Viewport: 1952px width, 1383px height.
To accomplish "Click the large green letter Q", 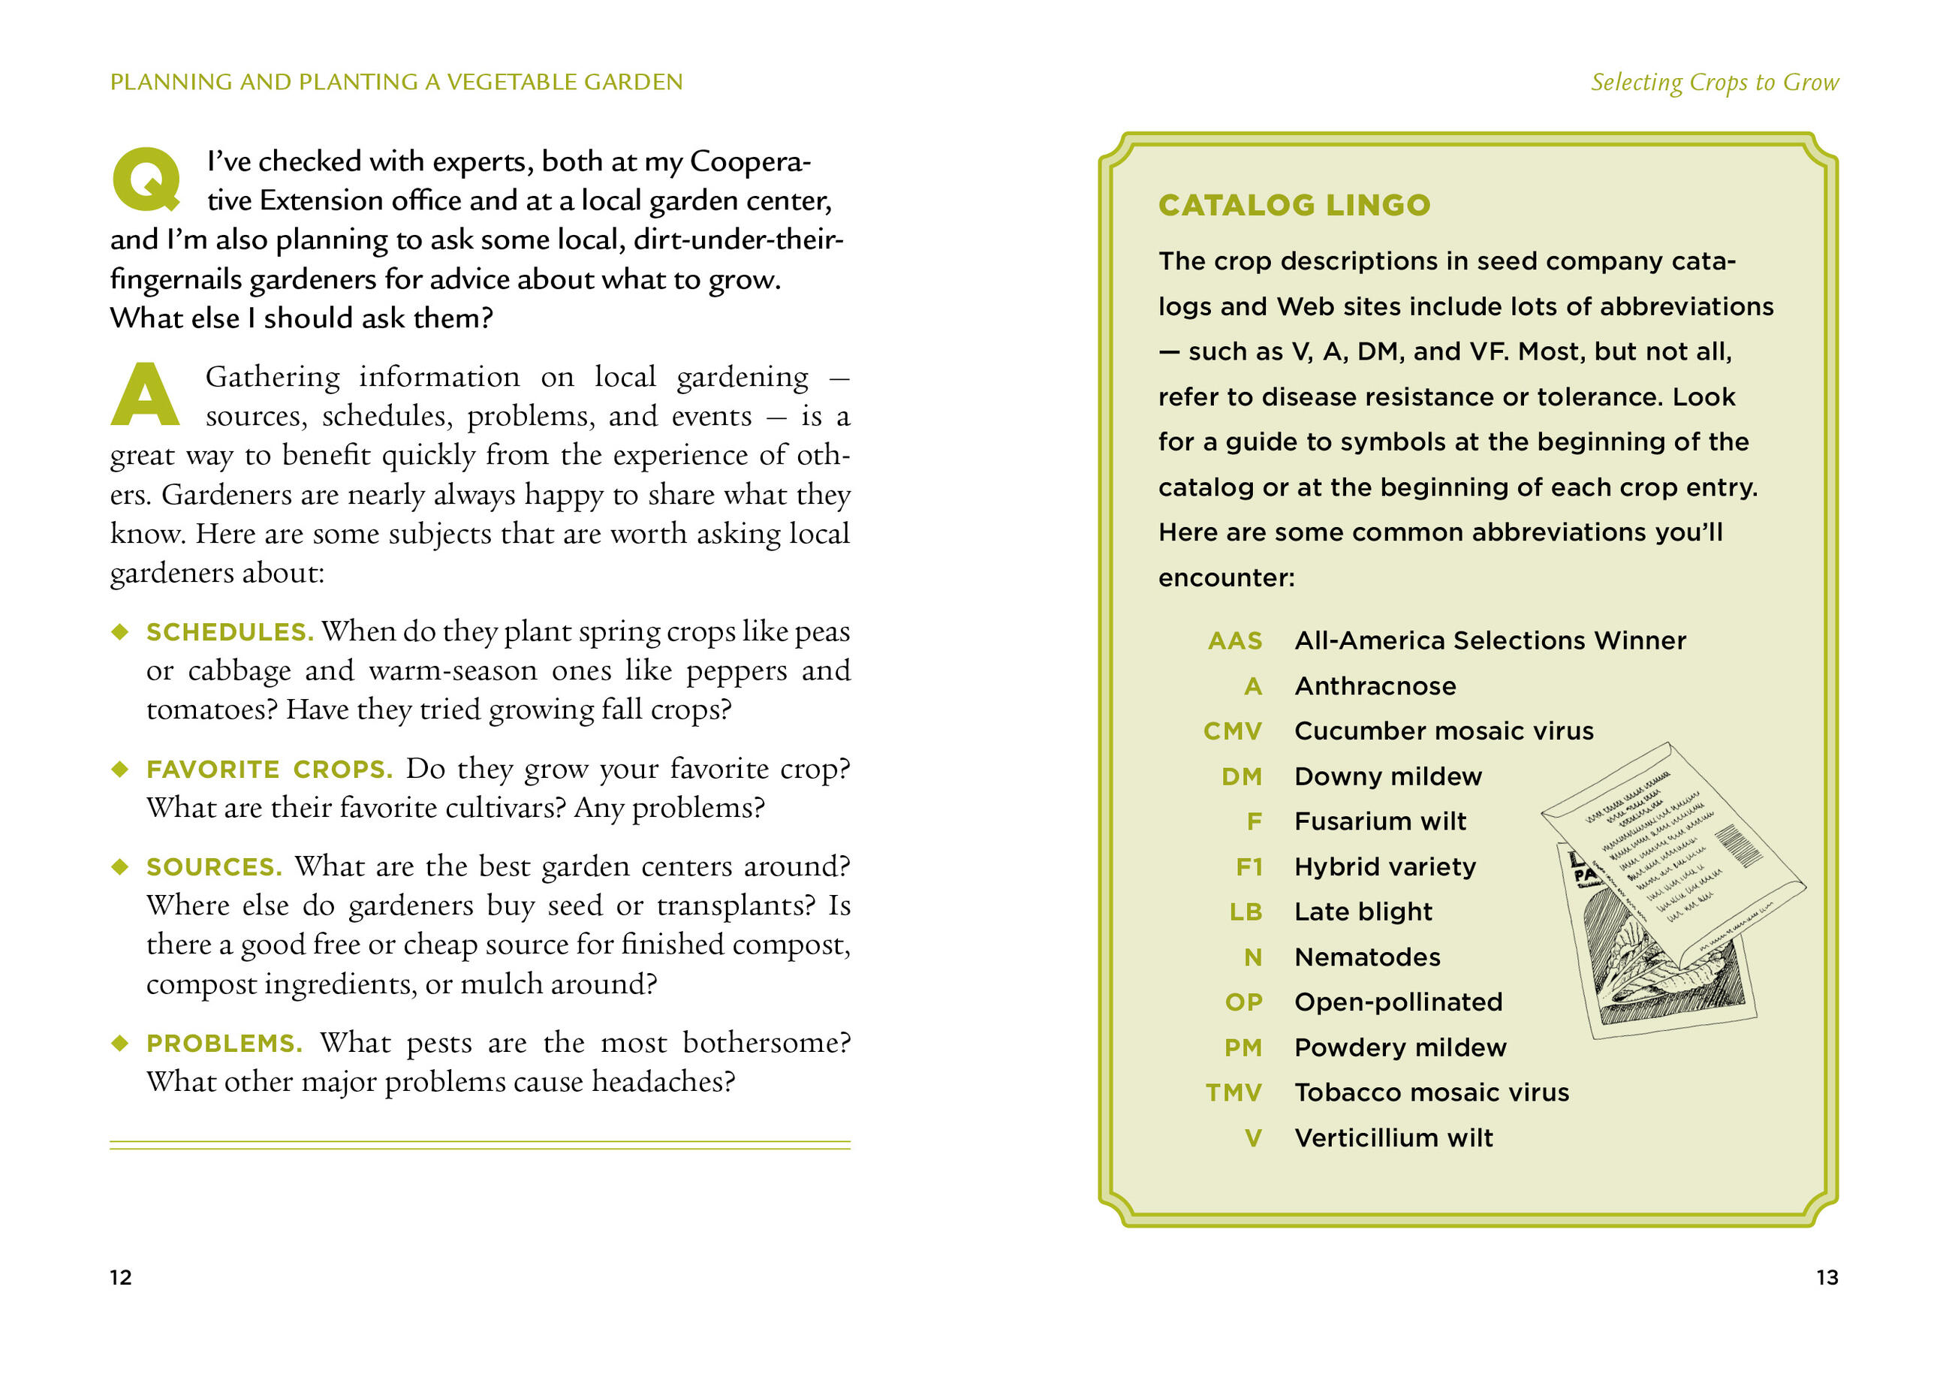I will click(x=146, y=179).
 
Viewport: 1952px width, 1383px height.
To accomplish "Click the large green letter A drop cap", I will click(x=145, y=394).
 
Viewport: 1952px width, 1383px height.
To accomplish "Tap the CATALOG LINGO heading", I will click(x=1293, y=205).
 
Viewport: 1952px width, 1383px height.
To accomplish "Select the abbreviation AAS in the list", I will click(x=1234, y=640).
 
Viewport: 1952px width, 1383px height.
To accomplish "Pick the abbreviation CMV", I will click(x=1231, y=731).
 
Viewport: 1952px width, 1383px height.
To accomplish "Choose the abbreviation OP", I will click(x=1243, y=1002).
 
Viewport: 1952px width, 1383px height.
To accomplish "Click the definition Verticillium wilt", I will click(x=1393, y=1137).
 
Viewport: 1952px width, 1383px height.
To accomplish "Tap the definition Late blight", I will click(x=1363, y=912).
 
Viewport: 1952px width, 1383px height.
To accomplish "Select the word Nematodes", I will click(x=1367, y=957).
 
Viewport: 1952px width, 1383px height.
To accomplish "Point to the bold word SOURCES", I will click(x=214, y=867).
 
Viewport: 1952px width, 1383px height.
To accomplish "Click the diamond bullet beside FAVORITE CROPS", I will click(x=120, y=769).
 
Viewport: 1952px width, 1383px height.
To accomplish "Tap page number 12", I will click(x=120, y=1277).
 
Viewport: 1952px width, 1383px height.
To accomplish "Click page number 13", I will click(x=1827, y=1277).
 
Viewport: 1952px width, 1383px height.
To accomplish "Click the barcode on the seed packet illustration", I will click(x=1737, y=845).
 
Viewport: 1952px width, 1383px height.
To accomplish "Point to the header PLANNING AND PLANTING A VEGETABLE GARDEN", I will click(x=396, y=82).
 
